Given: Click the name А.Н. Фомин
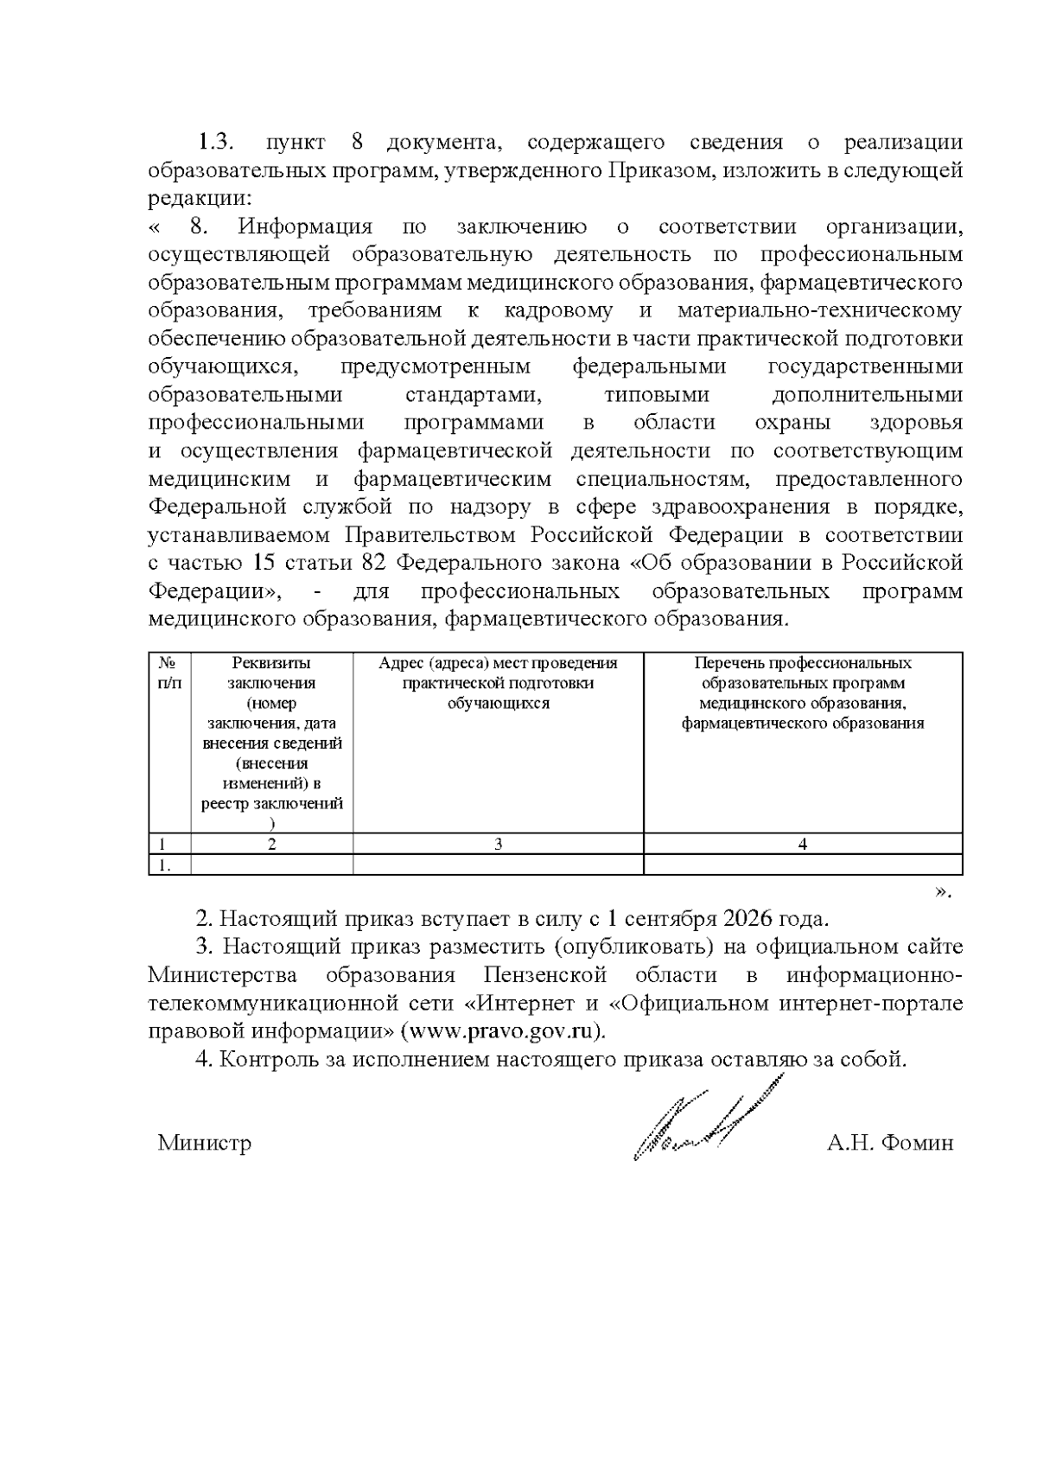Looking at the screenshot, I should [890, 1143].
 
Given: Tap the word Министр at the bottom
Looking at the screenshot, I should [205, 1143].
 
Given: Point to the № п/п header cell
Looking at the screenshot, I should [169, 673].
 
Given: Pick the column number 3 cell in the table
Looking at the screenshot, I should [498, 844].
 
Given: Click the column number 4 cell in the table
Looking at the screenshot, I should [803, 844].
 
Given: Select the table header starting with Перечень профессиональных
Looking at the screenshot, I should [803, 692].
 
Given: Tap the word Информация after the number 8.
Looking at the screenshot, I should [305, 227].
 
